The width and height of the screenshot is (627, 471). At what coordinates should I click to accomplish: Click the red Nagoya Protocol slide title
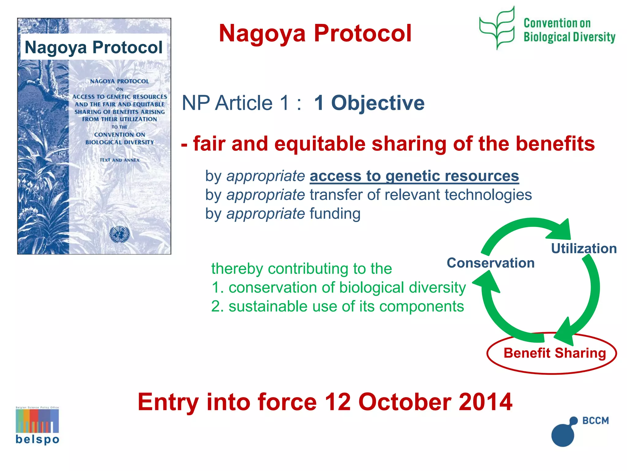[315, 33]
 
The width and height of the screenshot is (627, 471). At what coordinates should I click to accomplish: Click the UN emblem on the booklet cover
[120, 234]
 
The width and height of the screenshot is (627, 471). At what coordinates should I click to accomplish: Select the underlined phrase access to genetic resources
[414, 176]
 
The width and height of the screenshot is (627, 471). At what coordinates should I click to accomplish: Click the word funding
[335, 214]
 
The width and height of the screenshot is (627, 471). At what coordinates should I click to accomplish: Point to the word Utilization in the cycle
[584, 248]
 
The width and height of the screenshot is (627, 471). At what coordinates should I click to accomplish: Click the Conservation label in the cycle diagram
[490, 263]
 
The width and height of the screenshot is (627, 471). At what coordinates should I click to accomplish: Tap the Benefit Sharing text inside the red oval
[554, 353]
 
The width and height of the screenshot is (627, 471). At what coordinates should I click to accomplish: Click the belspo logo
[37, 426]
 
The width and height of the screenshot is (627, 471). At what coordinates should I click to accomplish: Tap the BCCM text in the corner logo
[595, 420]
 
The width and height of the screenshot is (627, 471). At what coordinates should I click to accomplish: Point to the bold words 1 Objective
[369, 103]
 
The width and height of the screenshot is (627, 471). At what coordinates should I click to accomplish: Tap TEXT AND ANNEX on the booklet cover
[119, 160]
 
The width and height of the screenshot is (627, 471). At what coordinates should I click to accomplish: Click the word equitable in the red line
[320, 144]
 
